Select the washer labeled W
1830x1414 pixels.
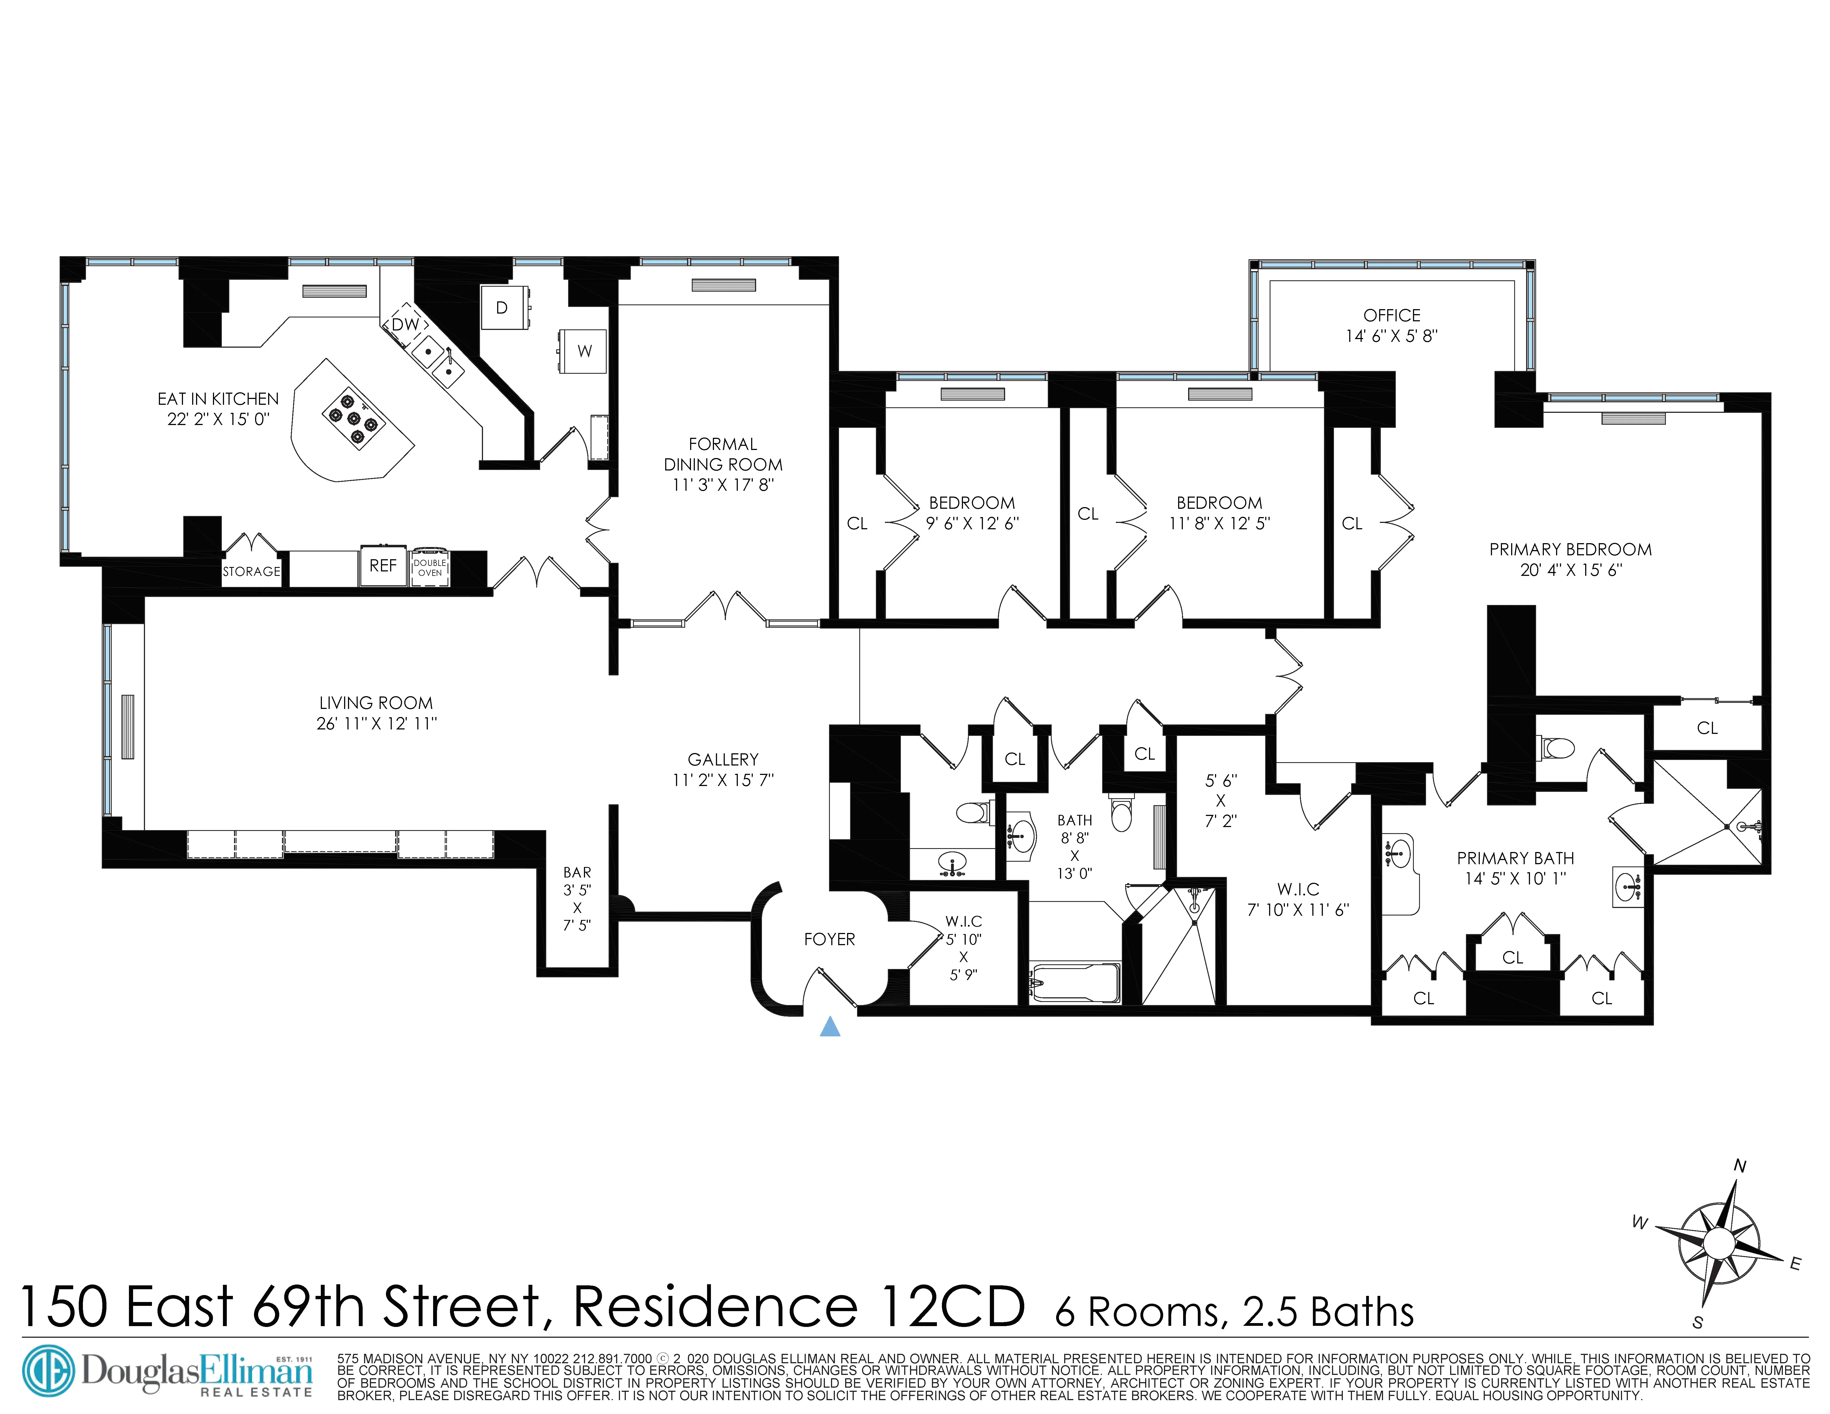[x=584, y=351]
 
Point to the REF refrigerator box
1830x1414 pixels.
[x=383, y=566]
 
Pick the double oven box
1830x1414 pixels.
[x=430, y=568]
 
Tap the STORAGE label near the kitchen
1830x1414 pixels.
[x=251, y=571]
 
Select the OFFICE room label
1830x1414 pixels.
[x=1392, y=316]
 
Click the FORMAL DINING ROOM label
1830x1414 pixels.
[x=723, y=454]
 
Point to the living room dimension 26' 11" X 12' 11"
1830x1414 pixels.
[x=376, y=724]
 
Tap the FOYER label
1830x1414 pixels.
[x=830, y=939]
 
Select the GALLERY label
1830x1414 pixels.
[x=723, y=760]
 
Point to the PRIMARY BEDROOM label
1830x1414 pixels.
[x=1570, y=550]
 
